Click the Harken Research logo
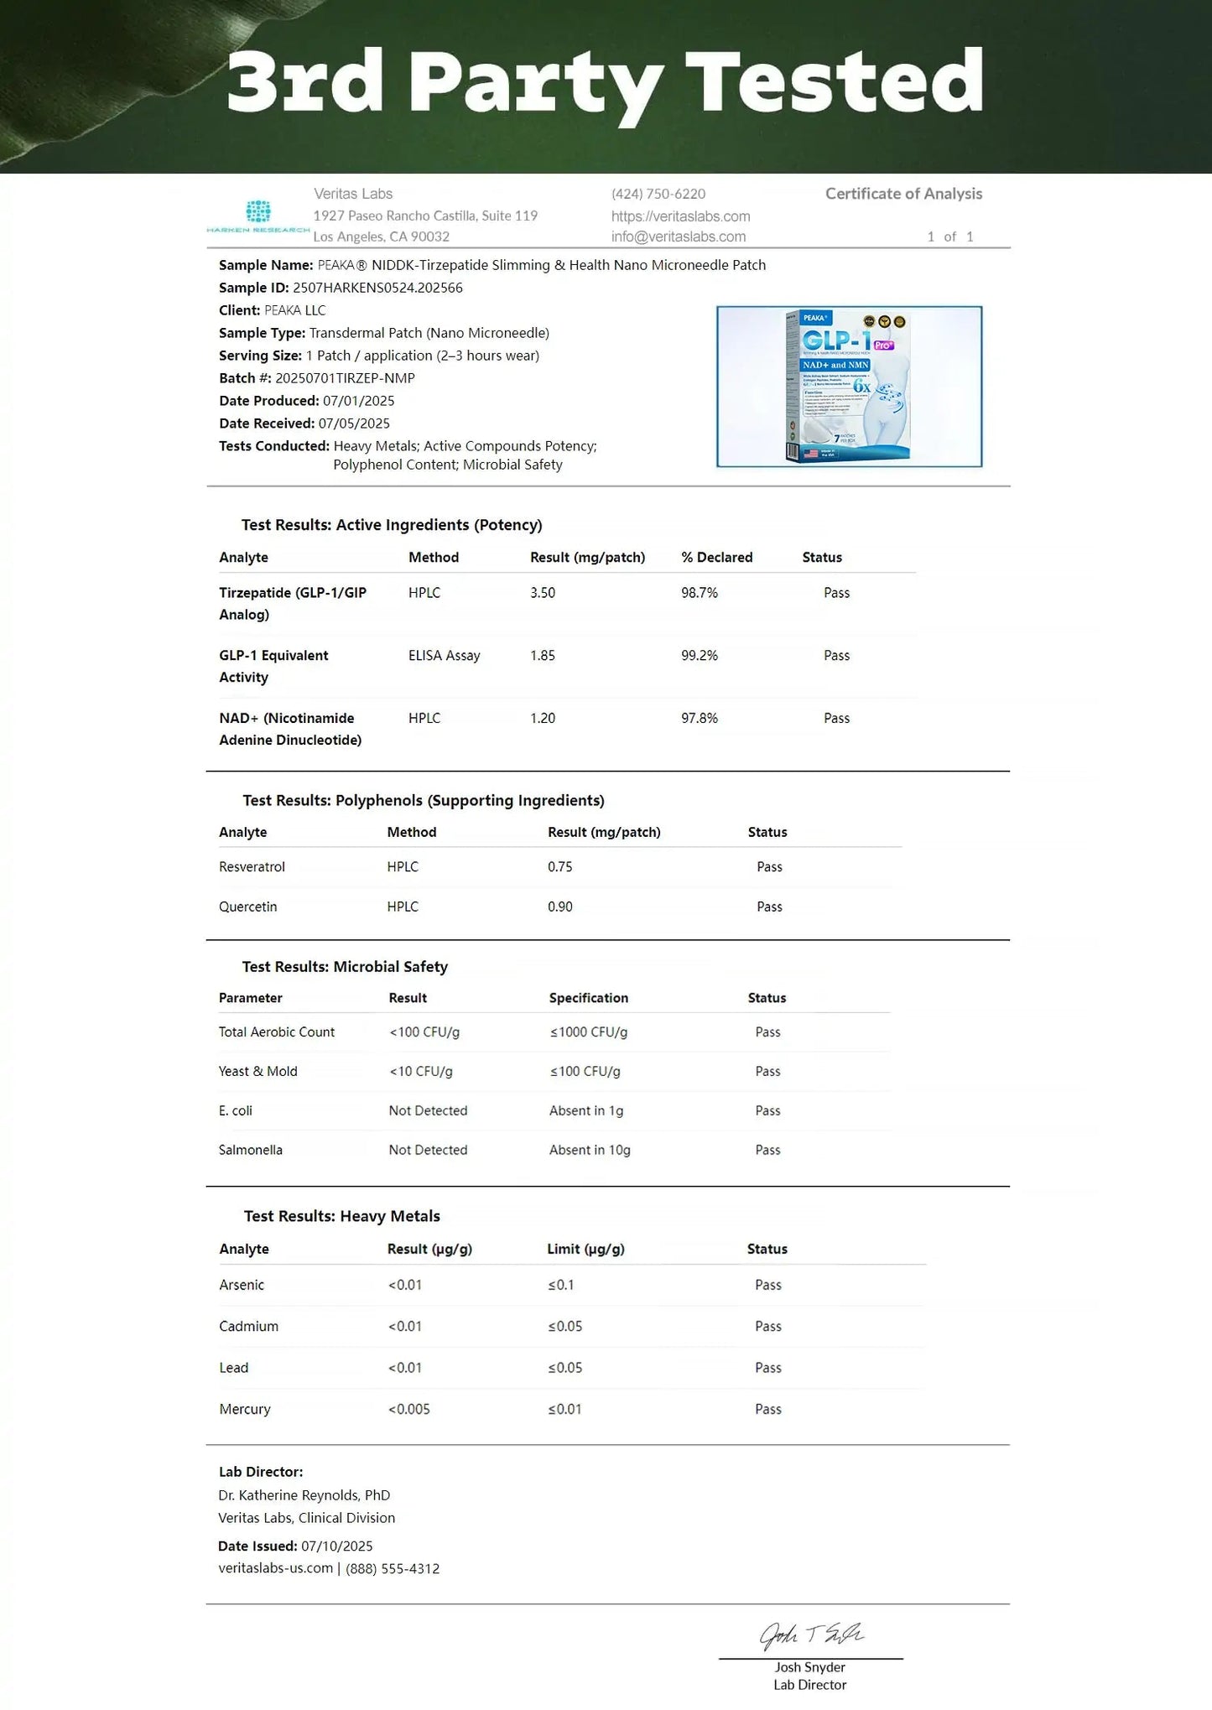tap(258, 216)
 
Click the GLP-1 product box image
tap(849, 387)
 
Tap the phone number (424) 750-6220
tap(658, 194)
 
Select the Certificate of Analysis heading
tap(903, 194)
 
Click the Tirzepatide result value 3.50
tap(543, 593)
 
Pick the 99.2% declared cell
tap(700, 656)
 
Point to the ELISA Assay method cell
tap(445, 656)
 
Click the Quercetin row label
tap(248, 907)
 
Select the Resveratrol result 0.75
tap(560, 867)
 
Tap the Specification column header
tap(589, 998)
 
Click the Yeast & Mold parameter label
tap(258, 1071)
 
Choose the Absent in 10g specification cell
tap(590, 1150)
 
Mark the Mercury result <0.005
tap(409, 1409)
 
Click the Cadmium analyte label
tap(249, 1326)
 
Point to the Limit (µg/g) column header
tap(585, 1249)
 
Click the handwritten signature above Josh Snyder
tap(811, 1635)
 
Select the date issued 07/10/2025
tap(337, 1546)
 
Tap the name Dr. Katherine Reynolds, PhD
tap(304, 1495)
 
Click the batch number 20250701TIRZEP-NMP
tap(345, 378)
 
